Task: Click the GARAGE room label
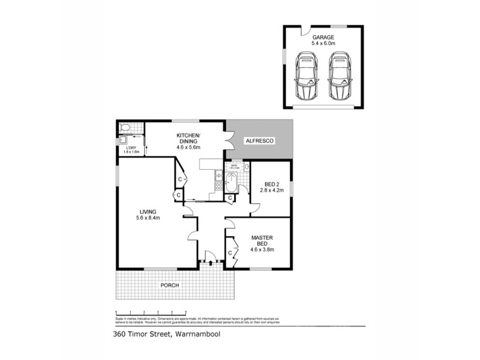[323, 40]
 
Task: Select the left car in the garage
[307, 77]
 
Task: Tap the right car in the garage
[339, 77]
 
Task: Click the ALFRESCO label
[260, 140]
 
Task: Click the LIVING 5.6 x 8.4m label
[148, 215]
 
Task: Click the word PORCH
[169, 285]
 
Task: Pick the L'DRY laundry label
[131, 149]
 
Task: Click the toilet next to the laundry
[125, 128]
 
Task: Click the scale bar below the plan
[151, 313]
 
